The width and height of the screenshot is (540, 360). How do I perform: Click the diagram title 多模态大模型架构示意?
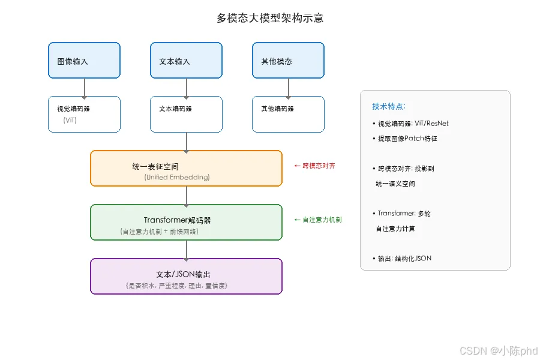[270, 18]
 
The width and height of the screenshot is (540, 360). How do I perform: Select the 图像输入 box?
[85, 60]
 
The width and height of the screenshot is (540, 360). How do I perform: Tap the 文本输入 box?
[187, 60]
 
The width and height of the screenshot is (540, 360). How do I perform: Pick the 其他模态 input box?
[288, 60]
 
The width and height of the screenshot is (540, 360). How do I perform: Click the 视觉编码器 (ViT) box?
[85, 115]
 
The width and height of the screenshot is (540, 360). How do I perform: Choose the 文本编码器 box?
[187, 115]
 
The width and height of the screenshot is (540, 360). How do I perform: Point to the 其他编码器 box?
[288, 115]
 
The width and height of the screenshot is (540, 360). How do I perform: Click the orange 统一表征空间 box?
[187, 169]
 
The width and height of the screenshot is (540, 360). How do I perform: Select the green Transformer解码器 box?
[187, 222]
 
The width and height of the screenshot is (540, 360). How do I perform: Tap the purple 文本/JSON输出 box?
[187, 276]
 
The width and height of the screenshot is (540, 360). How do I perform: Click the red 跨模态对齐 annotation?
[315, 166]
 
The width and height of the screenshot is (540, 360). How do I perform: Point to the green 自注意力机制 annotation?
[318, 220]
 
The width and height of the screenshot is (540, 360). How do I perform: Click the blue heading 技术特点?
[389, 106]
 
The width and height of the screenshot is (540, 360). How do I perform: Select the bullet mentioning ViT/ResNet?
[410, 124]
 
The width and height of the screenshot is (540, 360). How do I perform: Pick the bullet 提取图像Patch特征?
[404, 139]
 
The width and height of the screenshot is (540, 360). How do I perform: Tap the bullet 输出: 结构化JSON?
[402, 259]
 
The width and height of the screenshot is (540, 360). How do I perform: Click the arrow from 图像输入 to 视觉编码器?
[85, 88]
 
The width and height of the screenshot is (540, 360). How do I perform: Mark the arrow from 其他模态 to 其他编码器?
[288, 88]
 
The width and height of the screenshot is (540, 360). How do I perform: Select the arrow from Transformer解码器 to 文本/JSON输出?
[187, 250]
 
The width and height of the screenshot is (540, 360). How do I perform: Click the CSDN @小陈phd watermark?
[499, 350]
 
